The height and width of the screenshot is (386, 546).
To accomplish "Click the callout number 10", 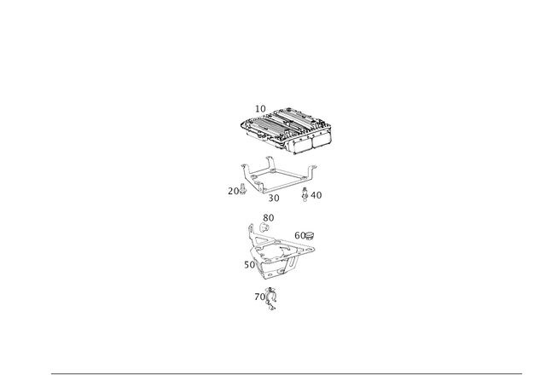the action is click(260, 109).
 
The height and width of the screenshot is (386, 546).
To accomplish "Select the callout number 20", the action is click(233, 191).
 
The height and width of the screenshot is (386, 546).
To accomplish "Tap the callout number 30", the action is click(274, 199).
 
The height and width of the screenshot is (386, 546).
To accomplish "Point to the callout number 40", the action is click(317, 195).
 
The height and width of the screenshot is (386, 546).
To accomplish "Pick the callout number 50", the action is click(249, 265).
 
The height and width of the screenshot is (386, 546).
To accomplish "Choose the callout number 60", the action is click(299, 236).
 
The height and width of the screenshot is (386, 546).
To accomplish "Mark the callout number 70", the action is click(259, 297).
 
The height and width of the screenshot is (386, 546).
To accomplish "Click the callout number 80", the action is click(269, 218).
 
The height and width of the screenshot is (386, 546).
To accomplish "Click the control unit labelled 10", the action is click(287, 130).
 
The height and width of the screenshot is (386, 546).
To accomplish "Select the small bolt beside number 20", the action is click(243, 190).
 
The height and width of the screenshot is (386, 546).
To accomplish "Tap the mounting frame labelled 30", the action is click(278, 176).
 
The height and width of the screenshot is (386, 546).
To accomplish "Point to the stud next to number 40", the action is click(305, 195).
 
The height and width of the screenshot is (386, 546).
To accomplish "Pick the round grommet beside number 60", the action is click(309, 237).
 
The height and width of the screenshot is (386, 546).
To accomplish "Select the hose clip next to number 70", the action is click(270, 299).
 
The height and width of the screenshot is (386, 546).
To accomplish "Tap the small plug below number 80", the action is click(264, 228).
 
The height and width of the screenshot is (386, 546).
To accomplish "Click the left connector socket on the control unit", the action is click(303, 145).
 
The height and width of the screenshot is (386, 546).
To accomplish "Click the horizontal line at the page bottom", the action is click(287, 374).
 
